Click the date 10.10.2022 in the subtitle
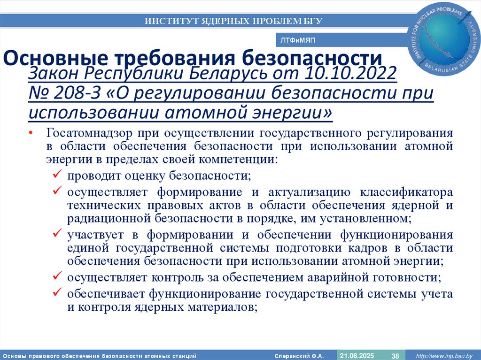[x=351, y=74]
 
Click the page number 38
[x=395, y=355]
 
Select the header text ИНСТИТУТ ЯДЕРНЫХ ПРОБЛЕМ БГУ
[x=233, y=21]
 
